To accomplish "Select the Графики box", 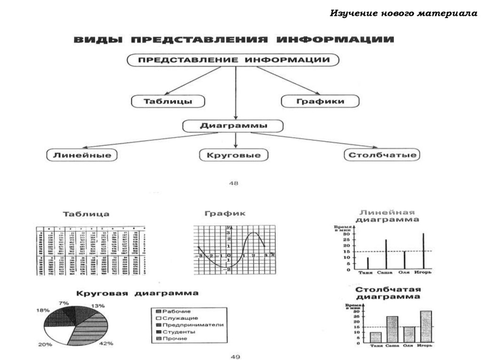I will [x=320, y=101].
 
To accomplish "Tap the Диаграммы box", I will [x=233, y=126].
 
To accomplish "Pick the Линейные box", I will [x=82, y=155].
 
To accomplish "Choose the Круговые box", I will [x=233, y=155].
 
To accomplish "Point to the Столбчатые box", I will [x=381, y=155].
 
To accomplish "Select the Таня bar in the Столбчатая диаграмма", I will [x=375, y=337].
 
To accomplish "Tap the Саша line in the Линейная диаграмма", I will [x=386, y=254].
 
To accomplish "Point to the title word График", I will [x=225, y=214].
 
